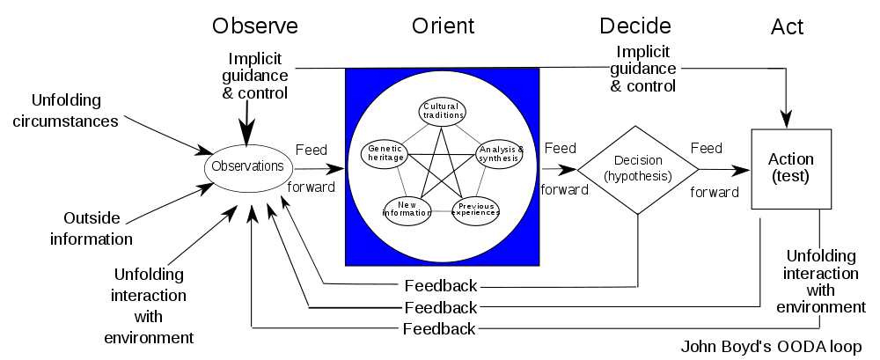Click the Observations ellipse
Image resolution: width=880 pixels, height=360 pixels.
click(x=249, y=165)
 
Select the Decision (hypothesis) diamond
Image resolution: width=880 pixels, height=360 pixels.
click(x=636, y=168)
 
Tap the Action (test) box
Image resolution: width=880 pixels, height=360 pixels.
click(x=790, y=168)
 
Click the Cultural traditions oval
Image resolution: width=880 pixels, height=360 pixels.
click(x=441, y=111)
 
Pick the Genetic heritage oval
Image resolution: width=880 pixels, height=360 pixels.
click(x=385, y=153)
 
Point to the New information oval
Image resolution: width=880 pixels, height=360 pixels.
click(x=407, y=208)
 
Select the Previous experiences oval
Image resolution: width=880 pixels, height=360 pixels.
click(x=476, y=208)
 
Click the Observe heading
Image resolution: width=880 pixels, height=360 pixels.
click(x=255, y=26)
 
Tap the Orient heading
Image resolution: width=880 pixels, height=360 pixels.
click(x=442, y=26)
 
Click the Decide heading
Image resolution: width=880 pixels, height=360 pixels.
click(x=635, y=26)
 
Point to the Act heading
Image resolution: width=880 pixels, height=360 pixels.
click(x=788, y=27)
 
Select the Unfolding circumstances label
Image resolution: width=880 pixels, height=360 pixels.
click(x=66, y=110)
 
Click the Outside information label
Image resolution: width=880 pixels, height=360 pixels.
click(x=92, y=228)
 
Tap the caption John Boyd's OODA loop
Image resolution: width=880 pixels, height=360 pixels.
click(x=774, y=346)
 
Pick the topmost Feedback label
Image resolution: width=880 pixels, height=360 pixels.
click(x=441, y=286)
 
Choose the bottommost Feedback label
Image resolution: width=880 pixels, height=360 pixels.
click(x=441, y=329)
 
